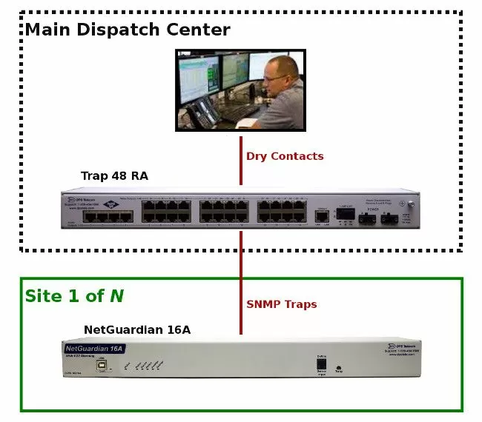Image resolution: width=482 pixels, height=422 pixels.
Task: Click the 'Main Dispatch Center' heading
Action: [x=128, y=30]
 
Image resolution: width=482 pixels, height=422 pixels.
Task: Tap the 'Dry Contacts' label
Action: [x=285, y=156]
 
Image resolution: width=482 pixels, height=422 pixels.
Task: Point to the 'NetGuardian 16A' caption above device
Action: [x=137, y=329]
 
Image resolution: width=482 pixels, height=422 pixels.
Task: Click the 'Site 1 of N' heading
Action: [x=74, y=296]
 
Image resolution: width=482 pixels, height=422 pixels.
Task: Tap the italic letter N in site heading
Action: [x=116, y=296]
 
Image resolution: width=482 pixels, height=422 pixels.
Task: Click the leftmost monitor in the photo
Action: [x=199, y=78]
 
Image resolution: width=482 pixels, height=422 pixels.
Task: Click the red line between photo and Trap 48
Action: [x=241, y=159]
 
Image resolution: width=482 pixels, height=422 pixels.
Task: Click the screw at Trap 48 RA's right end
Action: [x=403, y=203]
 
